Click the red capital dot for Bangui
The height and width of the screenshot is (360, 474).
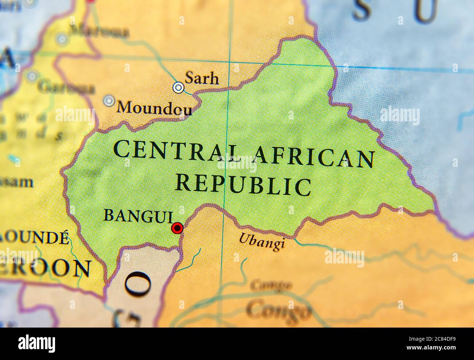177,228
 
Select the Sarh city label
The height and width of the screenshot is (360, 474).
202,78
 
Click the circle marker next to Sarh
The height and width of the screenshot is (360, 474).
178,87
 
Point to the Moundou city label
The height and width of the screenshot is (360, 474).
154,107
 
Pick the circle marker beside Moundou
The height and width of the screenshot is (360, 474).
109,101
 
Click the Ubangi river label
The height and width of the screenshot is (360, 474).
261,242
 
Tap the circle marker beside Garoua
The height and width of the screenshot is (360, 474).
32,76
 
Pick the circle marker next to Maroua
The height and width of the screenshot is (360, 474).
62,39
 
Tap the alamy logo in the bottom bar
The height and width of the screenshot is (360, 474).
37,343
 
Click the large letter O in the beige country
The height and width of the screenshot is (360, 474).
138,285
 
